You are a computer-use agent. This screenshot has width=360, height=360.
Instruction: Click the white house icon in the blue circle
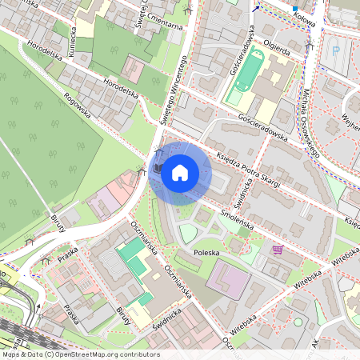click(x=180, y=173)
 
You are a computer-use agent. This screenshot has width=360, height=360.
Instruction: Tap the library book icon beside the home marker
click(x=158, y=169)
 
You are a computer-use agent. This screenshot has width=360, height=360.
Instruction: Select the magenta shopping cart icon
click(x=278, y=250)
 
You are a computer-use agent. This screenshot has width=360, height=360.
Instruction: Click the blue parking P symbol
click(x=335, y=50)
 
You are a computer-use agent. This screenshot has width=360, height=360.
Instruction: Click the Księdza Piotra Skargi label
click(x=248, y=168)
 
